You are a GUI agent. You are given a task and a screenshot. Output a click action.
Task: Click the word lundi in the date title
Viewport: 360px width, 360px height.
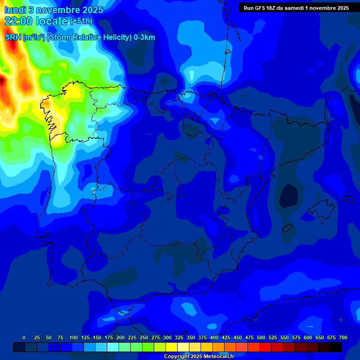[x=15, y=10]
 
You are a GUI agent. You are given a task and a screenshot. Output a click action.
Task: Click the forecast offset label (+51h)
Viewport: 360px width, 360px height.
[x=81, y=21]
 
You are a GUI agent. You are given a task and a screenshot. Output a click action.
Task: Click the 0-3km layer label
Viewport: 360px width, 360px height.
[x=144, y=37]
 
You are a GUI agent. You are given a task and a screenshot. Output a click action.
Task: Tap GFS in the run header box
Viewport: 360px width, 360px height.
[x=261, y=8]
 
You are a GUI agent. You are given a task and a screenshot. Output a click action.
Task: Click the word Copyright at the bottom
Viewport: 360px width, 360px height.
[x=177, y=356]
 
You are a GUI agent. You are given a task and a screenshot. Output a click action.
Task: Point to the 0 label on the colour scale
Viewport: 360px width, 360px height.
[x=24, y=337]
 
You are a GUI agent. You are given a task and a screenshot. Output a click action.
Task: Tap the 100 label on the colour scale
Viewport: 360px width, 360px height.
[x=74, y=337]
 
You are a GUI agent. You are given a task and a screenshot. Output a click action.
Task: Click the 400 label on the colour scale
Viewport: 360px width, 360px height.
[x=214, y=337]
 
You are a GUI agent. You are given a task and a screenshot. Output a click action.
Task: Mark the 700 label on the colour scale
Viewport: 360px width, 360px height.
[x=343, y=337]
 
